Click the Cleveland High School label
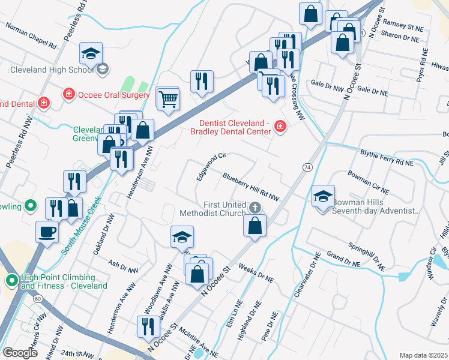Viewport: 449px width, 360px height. [51, 69]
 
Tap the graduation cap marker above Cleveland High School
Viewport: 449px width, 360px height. [91, 55]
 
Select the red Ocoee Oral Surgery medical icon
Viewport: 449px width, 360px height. [69, 95]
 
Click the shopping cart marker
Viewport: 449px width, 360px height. [169, 99]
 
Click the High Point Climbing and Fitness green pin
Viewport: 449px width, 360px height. [11, 281]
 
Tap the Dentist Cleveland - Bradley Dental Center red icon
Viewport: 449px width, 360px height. [279, 126]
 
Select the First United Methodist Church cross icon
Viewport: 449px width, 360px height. [255, 208]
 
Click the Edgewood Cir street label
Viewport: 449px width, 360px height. [211, 167]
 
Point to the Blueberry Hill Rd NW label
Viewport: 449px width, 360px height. [251, 186]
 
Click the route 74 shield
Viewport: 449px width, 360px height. [307, 166]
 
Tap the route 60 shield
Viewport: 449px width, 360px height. [38, 298]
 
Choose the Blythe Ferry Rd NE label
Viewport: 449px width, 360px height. [387, 157]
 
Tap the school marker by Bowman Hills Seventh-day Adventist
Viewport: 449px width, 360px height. [323, 196]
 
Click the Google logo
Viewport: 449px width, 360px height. [20, 353]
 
